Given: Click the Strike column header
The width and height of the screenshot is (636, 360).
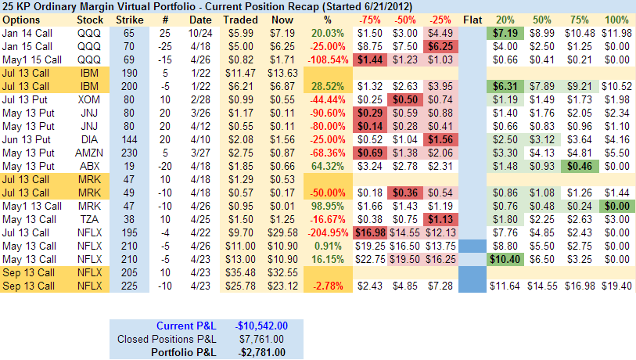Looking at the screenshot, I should click(128, 18).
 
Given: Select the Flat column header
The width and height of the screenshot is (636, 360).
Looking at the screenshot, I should click(473, 18).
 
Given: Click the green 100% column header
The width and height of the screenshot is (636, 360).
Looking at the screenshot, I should click(616, 18).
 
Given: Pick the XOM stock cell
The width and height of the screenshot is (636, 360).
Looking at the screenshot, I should click(88, 100).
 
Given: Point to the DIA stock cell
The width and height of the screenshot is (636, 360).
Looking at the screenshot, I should click(88, 137).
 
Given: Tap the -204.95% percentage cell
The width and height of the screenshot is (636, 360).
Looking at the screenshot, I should click(329, 234).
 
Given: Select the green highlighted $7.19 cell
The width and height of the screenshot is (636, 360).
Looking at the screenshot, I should click(506, 34).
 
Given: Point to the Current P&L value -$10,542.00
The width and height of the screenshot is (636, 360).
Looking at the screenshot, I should click(261, 326).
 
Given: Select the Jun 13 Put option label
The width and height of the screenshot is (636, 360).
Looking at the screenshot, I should click(28, 137).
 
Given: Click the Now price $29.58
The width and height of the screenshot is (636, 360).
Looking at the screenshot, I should click(282, 234).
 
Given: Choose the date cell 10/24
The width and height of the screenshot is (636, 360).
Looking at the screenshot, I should click(199, 34).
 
